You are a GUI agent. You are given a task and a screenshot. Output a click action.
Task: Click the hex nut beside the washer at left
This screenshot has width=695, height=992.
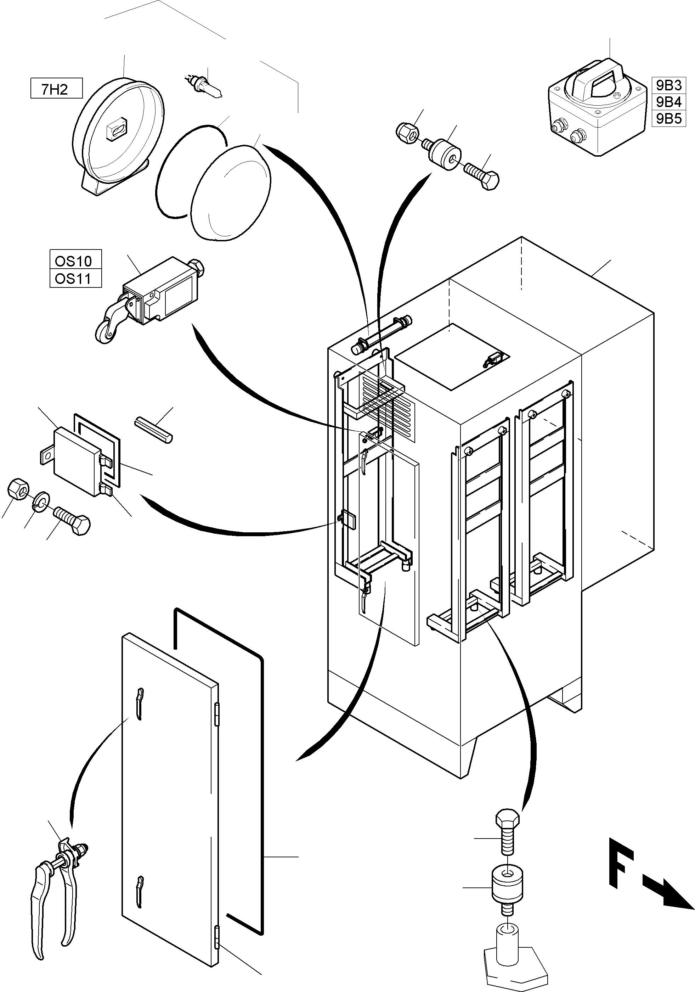click(18, 489)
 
